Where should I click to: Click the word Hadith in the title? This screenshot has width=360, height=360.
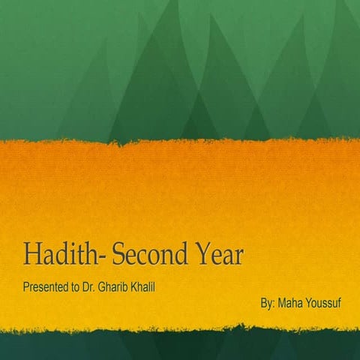[x=62, y=255]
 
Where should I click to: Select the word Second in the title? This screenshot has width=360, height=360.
[x=149, y=255]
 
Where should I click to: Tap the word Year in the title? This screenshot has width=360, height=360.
[x=218, y=255]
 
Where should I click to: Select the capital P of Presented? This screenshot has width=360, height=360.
[x=25, y=287]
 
